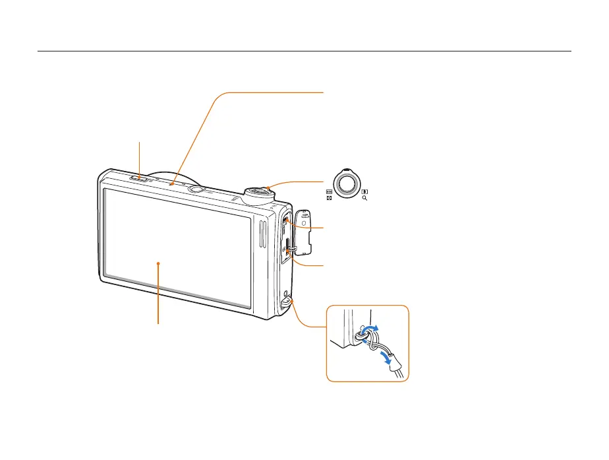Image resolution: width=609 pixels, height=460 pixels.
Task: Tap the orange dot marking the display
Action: (158, 263)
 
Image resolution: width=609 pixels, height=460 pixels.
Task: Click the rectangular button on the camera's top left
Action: (139, 178)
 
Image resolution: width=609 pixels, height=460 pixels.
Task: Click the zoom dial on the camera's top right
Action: (258, 193)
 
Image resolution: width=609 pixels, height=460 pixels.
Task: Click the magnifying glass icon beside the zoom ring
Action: (364, 197)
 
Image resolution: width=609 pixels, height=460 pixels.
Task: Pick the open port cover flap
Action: (304, 230)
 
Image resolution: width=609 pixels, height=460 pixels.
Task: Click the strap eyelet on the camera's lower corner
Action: (285, 301)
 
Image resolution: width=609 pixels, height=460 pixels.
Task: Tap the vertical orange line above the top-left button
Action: (140, 157)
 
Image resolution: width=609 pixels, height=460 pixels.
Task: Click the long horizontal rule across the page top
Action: (304, 51)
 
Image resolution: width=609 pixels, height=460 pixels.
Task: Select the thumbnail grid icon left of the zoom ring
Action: (328, 191)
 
